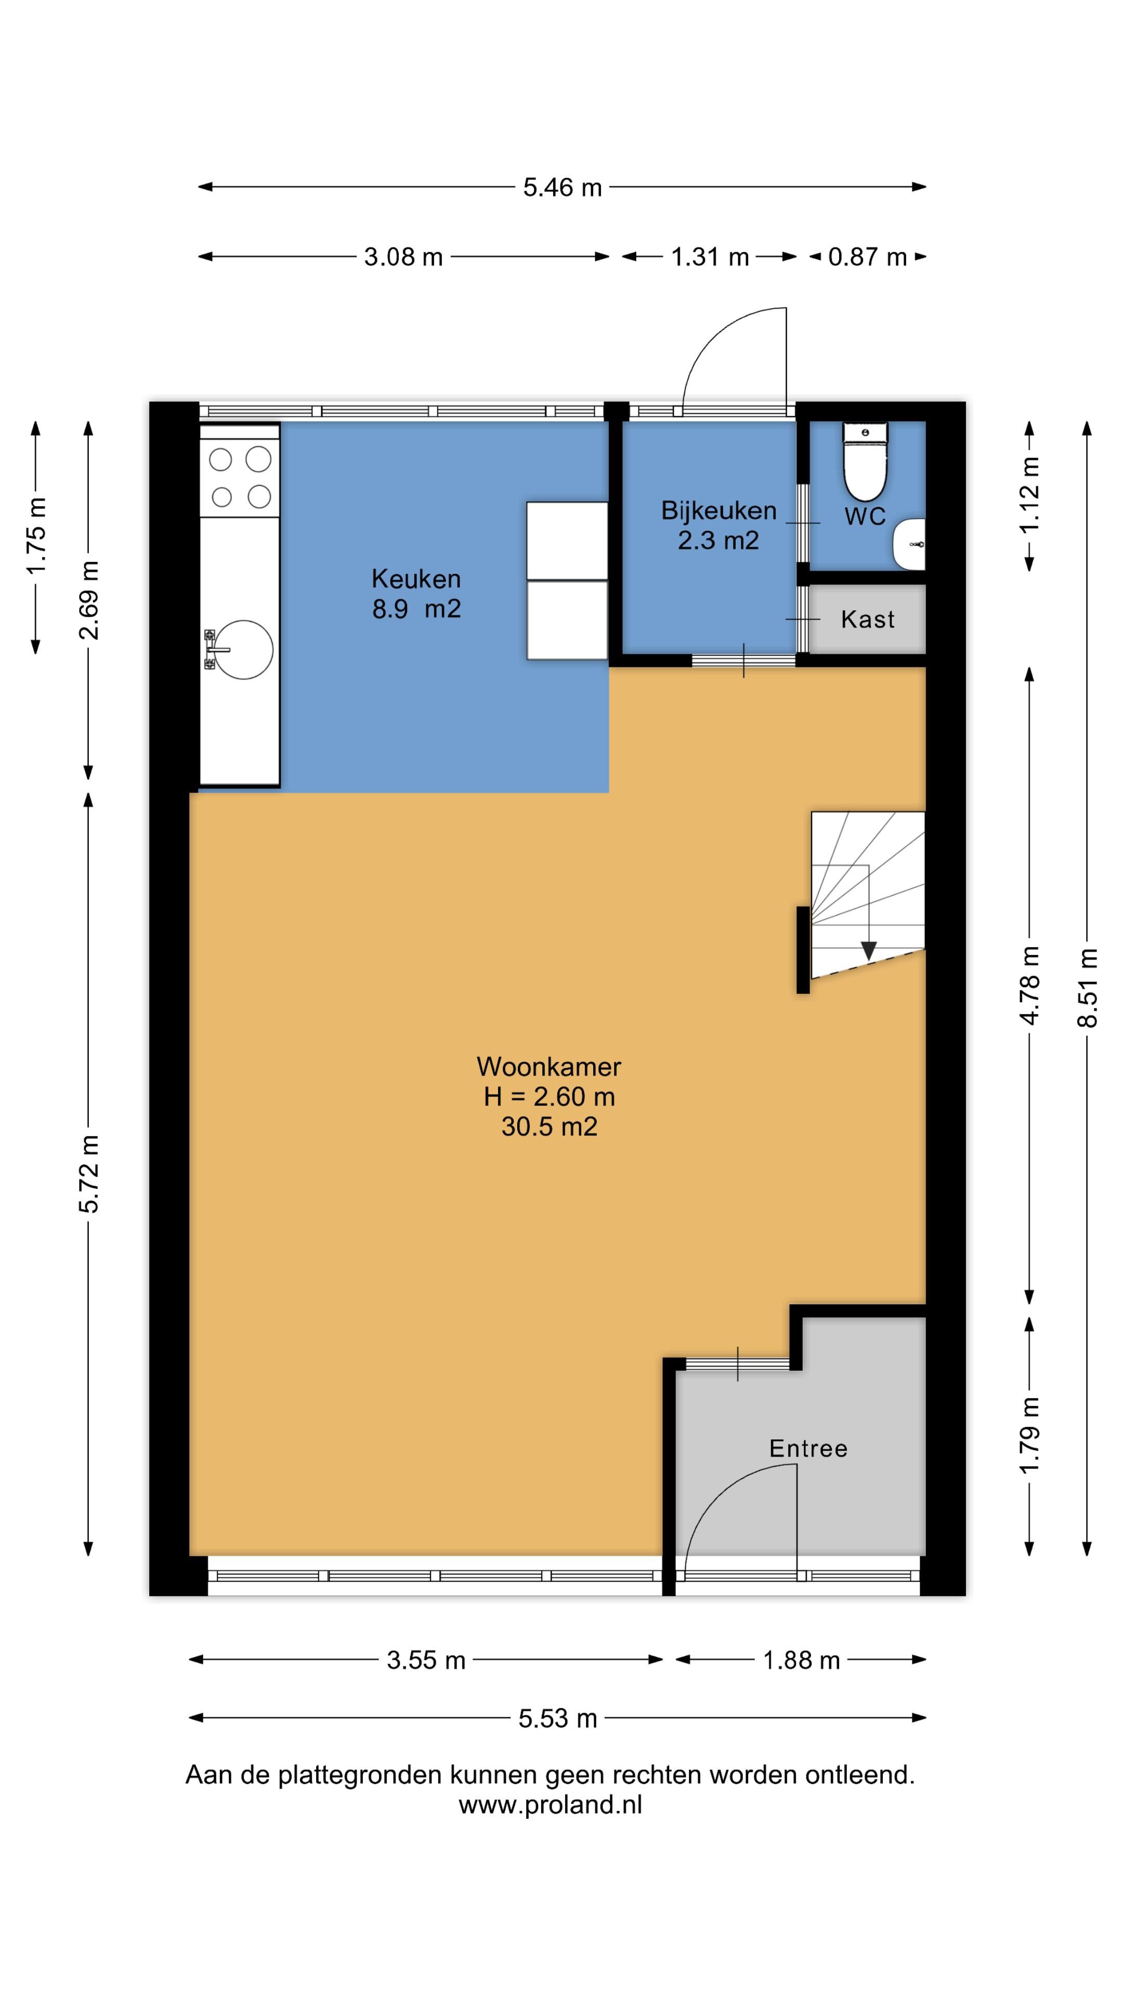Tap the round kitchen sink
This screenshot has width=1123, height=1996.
(243, 649)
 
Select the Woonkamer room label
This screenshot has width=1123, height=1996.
(549, 1067)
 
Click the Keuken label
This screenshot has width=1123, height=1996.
(416, 579)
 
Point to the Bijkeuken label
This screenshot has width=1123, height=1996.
(719, 510)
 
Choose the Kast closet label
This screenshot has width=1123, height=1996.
(867, 619)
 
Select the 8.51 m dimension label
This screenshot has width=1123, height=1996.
(1087, 988)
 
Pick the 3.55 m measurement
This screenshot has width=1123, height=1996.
(425, 1660)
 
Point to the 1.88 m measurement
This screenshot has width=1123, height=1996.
(801, 1660)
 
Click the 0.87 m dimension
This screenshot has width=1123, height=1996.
(867, 256)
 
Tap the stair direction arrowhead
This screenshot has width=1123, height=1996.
(868, 951)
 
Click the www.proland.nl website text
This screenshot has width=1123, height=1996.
(550, 1805)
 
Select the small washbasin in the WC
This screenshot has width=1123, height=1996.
(909, 544)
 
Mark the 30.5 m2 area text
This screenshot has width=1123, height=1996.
(549, 1126)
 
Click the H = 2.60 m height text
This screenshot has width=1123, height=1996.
(549, 1096)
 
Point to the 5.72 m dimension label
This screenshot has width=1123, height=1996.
(88, 1174)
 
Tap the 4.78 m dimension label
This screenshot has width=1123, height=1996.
(1029, 986)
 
